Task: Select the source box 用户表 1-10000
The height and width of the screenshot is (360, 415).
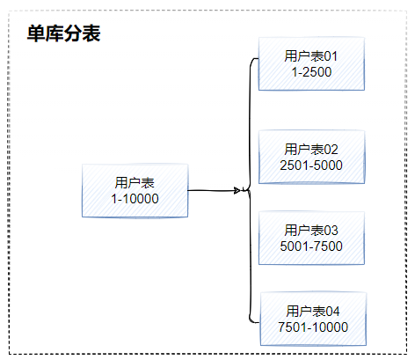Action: (135, 190)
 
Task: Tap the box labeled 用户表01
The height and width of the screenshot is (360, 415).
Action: (311, 63)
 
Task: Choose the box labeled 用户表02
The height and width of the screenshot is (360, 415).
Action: (311, 157)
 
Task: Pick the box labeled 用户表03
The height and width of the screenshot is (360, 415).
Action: (311, 238)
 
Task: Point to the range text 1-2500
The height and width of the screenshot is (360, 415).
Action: (311, 71)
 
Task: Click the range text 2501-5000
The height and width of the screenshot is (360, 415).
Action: (311, 165)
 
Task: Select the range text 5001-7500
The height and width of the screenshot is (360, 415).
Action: (311, 246)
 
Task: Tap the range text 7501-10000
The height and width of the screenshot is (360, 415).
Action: (312, 327)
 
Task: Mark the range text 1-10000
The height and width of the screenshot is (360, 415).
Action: (135, 199)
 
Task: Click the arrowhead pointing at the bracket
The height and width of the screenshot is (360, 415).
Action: (238, 190)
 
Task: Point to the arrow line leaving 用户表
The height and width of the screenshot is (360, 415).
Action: (211, 190)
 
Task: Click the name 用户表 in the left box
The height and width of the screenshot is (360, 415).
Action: (135, 182)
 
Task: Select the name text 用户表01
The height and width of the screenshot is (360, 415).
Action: (311, 55)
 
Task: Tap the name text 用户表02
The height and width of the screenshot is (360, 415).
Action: (311, 149)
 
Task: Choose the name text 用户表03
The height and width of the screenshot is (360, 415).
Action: (311, 230)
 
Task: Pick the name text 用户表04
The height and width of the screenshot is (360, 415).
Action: (312, 311)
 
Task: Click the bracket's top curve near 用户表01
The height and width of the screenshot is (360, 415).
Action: (252, 61)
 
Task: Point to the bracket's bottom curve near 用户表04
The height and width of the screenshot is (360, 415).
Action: (252, 319)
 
